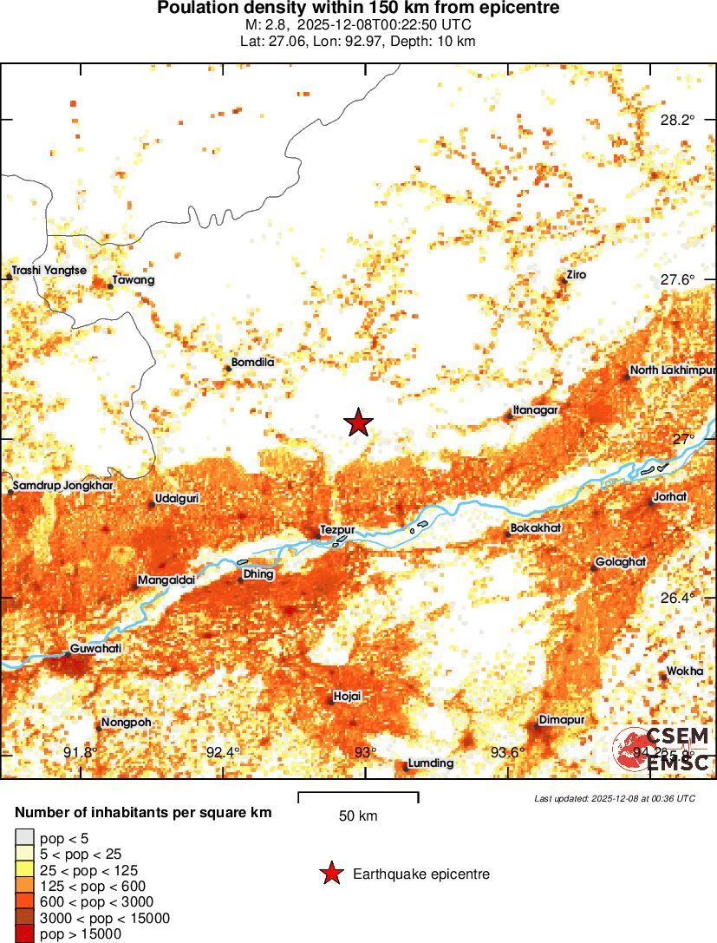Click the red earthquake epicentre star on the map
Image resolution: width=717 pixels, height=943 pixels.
358,422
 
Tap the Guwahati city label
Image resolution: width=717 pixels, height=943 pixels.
95,647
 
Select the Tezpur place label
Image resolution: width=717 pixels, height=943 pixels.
336,529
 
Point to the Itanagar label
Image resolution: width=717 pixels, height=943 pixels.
535,409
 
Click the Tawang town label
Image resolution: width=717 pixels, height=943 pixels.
134,280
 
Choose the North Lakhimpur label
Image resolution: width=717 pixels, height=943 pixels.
672,371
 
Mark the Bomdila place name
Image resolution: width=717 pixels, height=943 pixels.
253,363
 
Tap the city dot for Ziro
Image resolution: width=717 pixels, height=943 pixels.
564,280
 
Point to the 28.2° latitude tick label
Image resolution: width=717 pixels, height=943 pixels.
677,120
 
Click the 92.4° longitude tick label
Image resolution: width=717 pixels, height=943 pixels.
225,752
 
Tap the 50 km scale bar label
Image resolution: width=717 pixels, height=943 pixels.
358,816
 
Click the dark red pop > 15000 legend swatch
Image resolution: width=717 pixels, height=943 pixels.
25,933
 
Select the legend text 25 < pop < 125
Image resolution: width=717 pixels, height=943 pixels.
88,870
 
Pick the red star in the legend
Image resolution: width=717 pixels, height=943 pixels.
331,874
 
